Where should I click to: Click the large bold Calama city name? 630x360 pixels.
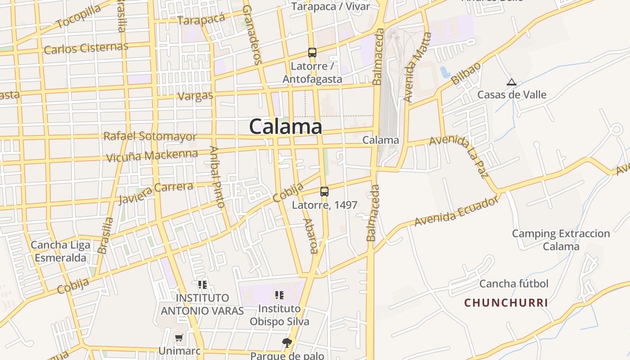[x=285, y=126]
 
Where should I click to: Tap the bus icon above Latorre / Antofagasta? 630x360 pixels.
[x=312, y=53]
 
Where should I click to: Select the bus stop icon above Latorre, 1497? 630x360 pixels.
[x=324, y=192]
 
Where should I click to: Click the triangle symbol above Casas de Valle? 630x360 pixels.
[x=511, y=82]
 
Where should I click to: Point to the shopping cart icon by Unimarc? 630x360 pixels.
[x=179, y=337]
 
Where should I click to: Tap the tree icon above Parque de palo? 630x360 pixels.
[x=287, y=343]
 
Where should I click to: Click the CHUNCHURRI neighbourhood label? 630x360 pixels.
[x=506, y=303]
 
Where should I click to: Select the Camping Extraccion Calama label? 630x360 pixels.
[x=561, y=240]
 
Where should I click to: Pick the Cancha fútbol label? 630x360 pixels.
[x=513, y=283]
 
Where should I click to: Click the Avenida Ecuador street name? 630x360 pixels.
[x=457, y=211]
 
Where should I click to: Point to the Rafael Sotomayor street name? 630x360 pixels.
[x=150, y=136]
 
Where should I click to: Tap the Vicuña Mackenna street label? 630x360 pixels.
[x=152, y=156]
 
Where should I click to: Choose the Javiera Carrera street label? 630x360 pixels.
[x=156, y=192]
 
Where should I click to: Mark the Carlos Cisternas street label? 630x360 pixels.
[x=86, y=48]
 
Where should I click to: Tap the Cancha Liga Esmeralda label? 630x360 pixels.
[x=60, y=252]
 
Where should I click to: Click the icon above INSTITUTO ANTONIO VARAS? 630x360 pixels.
[x=202, y=285]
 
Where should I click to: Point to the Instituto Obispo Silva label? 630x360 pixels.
[x=279, y=315]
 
